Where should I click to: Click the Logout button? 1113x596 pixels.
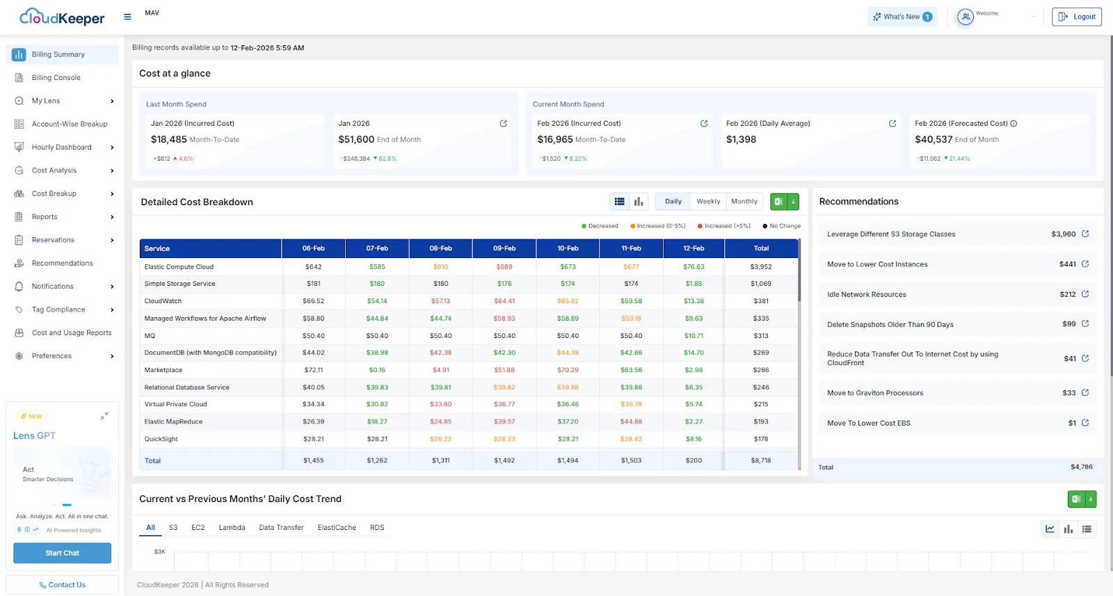(1077, 17)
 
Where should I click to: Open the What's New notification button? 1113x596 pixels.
(902, 17)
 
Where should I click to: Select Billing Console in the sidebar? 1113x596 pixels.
(56, 78)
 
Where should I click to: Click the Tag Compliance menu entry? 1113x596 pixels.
(58, 309)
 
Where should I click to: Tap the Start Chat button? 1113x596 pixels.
(62, 553)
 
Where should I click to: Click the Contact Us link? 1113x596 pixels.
(63, 585)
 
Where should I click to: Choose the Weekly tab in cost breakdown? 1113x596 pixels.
(708, 202)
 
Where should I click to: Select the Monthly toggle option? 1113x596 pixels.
(744, 202)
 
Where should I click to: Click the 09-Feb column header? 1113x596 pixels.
(504, 248)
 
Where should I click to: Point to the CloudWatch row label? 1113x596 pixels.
(163, 301)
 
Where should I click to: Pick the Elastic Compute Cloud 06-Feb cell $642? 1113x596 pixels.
(314, 267)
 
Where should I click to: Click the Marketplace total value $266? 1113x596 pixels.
(761, 370)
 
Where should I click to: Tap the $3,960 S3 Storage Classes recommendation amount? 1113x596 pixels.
(1063, 234)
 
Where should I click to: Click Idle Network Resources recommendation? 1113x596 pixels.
(866, 295)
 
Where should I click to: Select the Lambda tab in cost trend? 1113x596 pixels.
(232, 528)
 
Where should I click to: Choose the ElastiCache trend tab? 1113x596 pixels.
(337, 528)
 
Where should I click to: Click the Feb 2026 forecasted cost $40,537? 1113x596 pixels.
(934, 140)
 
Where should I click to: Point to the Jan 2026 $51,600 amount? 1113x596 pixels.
(356, 140)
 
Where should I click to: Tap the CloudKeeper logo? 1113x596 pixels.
(62, 17)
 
